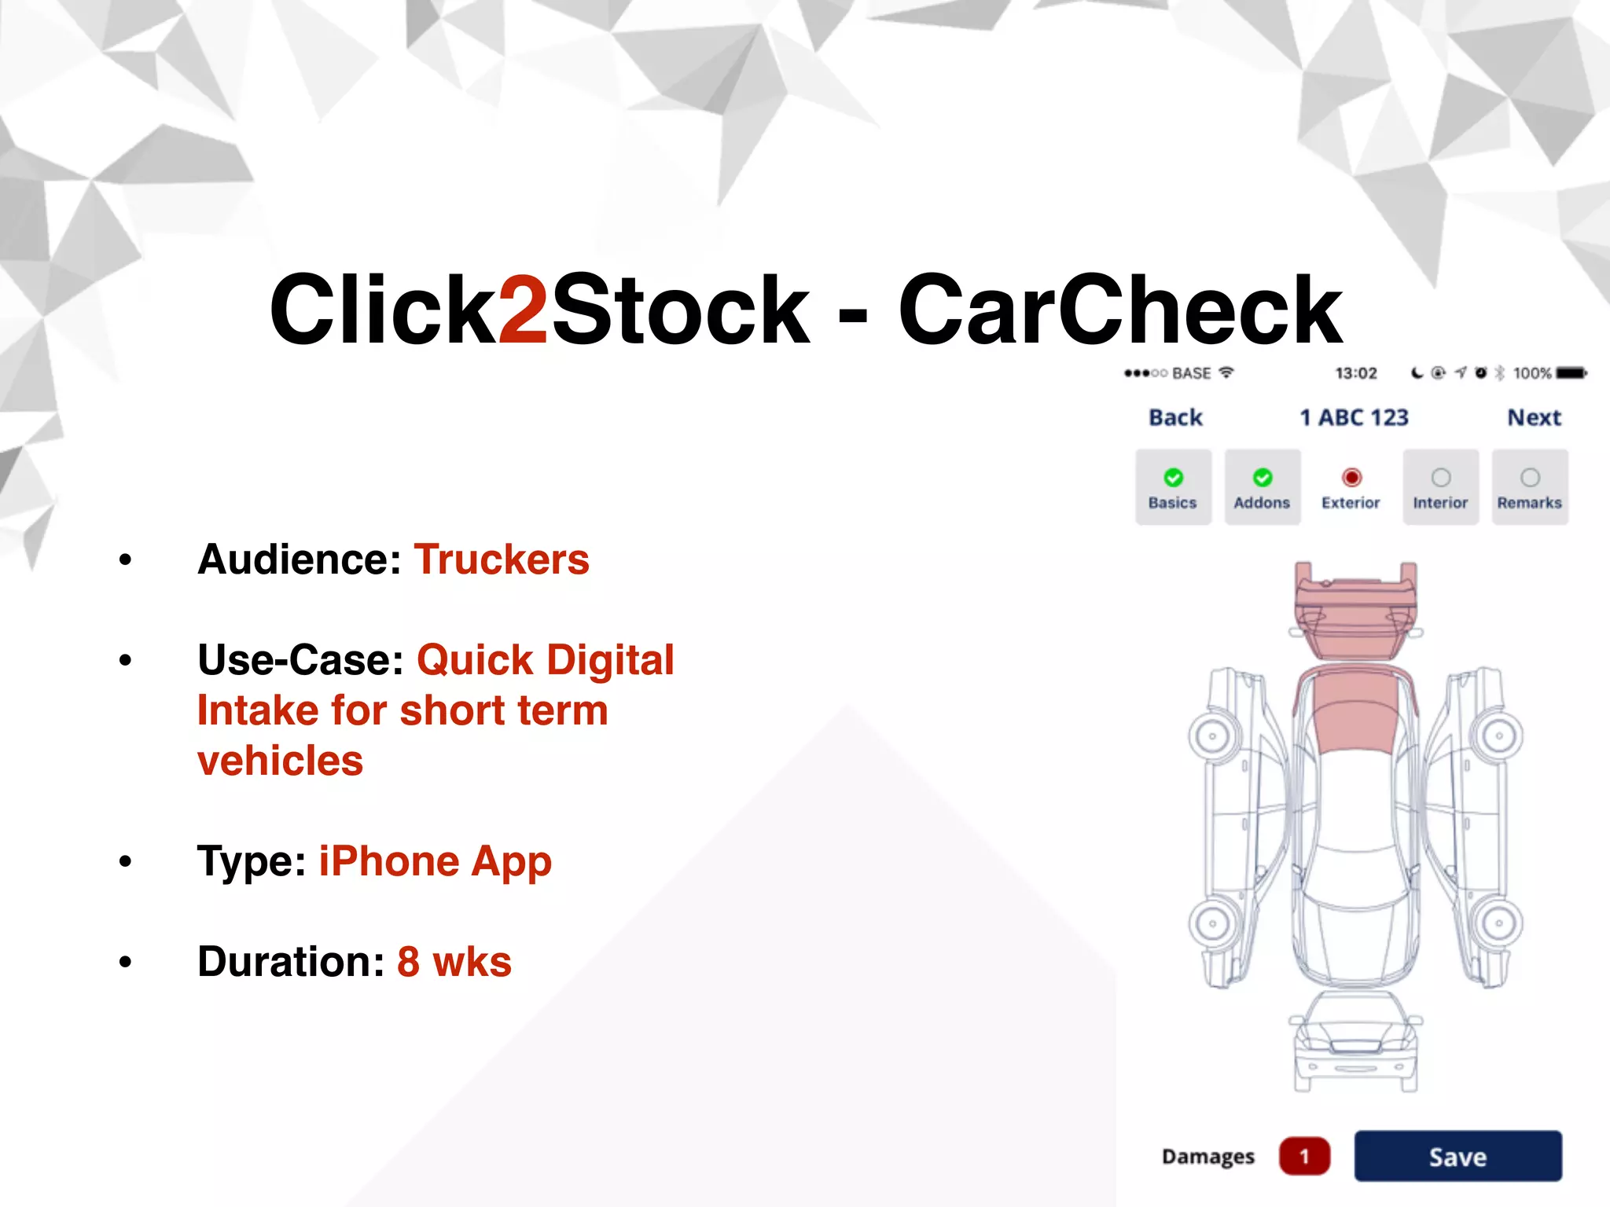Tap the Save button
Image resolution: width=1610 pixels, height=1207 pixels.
pos(1457,1156)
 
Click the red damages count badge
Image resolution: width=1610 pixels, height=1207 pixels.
pos(1304,1156)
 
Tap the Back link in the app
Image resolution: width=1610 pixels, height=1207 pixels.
pos(1175,417)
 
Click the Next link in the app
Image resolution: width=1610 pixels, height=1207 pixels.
pos(1534,417)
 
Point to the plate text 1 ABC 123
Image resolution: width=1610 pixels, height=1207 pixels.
pos(1354,417)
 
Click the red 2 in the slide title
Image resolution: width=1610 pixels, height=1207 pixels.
pos(523,310)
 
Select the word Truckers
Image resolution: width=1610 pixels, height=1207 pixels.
pos(502,559)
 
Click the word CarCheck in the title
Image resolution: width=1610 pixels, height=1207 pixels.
pos(1120,310)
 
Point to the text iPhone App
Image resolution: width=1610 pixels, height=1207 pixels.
pos(435,861)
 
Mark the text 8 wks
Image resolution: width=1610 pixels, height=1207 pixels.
pos(454,962)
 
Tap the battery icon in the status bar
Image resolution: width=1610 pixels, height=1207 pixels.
pos(1571,372)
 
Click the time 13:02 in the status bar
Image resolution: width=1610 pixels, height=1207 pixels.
pos(1356,372)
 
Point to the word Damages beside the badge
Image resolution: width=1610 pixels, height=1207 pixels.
pos(1208,1157)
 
